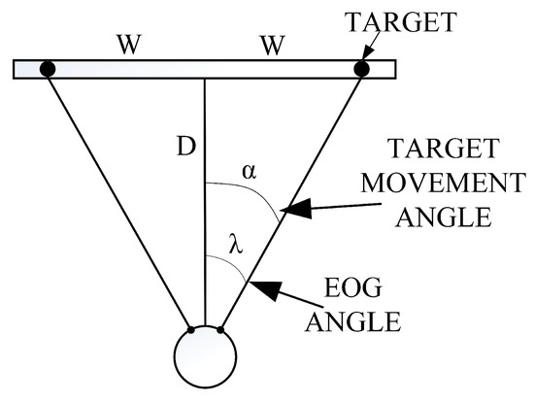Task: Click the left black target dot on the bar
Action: [46, 69]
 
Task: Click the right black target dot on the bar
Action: [361, 69]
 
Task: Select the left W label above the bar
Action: [125, 45]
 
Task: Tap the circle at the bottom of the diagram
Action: [205, 357]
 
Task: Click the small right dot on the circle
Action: [220, 330]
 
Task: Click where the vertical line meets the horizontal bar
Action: [205, 80]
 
